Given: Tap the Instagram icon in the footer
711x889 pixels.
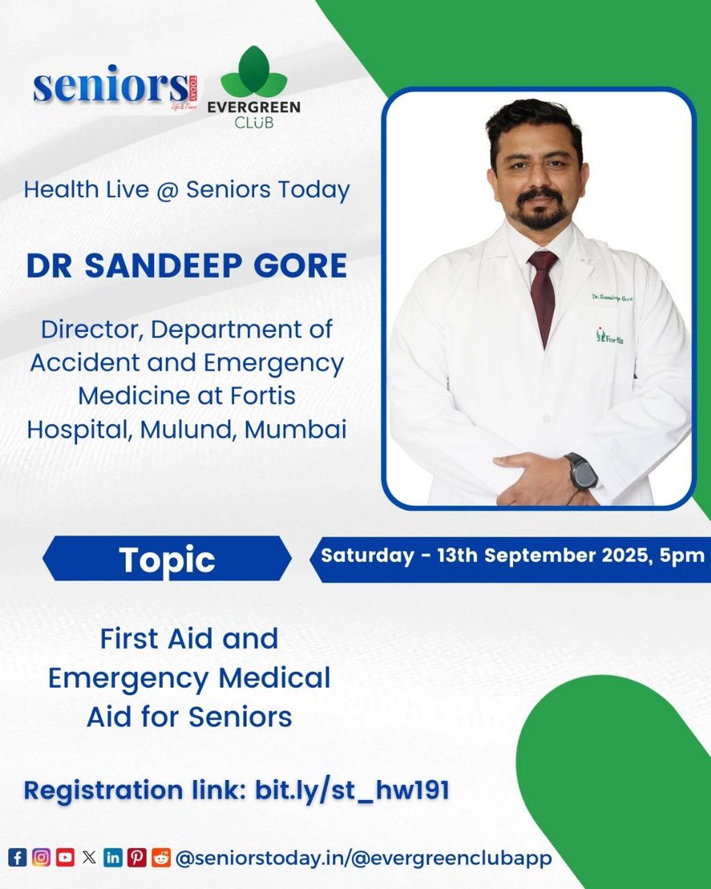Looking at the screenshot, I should [x=42, y=858].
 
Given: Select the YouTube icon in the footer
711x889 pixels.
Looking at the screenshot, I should [x=65, y=858].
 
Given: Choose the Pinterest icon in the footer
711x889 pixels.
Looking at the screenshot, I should [x=136, y=858].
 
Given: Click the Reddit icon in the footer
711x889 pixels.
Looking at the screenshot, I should [x=160, y=858].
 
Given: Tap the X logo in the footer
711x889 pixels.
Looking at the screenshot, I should [x=89, y=858].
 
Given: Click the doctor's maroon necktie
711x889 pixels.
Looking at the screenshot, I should [x=543, y=293].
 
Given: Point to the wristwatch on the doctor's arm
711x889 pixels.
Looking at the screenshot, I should [x=583, y=471].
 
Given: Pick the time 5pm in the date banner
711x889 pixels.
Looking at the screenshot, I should [x=686, y=556].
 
